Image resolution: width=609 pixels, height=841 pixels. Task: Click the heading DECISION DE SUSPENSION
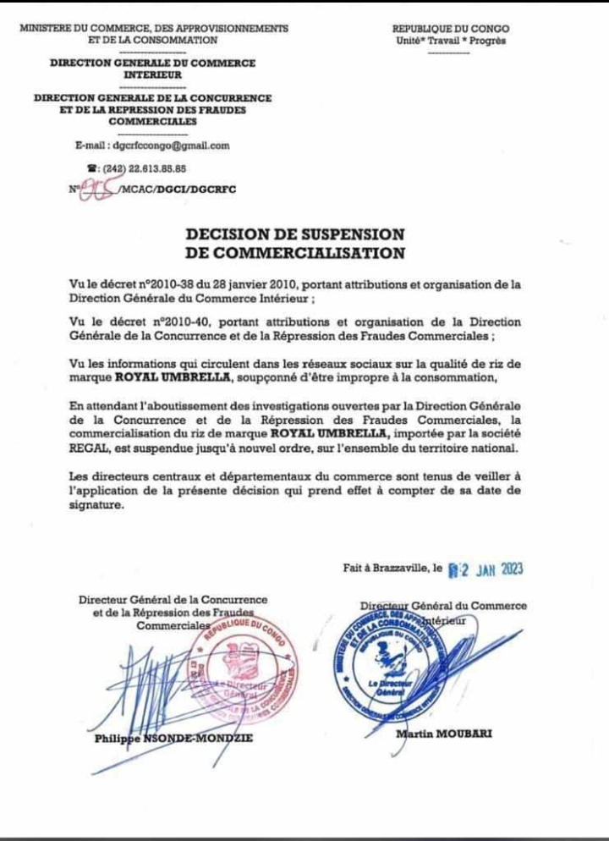(x=295, y=234)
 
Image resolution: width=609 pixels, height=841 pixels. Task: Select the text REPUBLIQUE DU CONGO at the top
(x=451, y=28)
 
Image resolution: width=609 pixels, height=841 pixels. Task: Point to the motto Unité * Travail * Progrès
(x=451, y=40)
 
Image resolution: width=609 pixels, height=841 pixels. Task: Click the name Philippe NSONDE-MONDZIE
(x=173, y=739)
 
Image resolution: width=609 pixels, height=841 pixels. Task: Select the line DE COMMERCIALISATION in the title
(x=295, y=252)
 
